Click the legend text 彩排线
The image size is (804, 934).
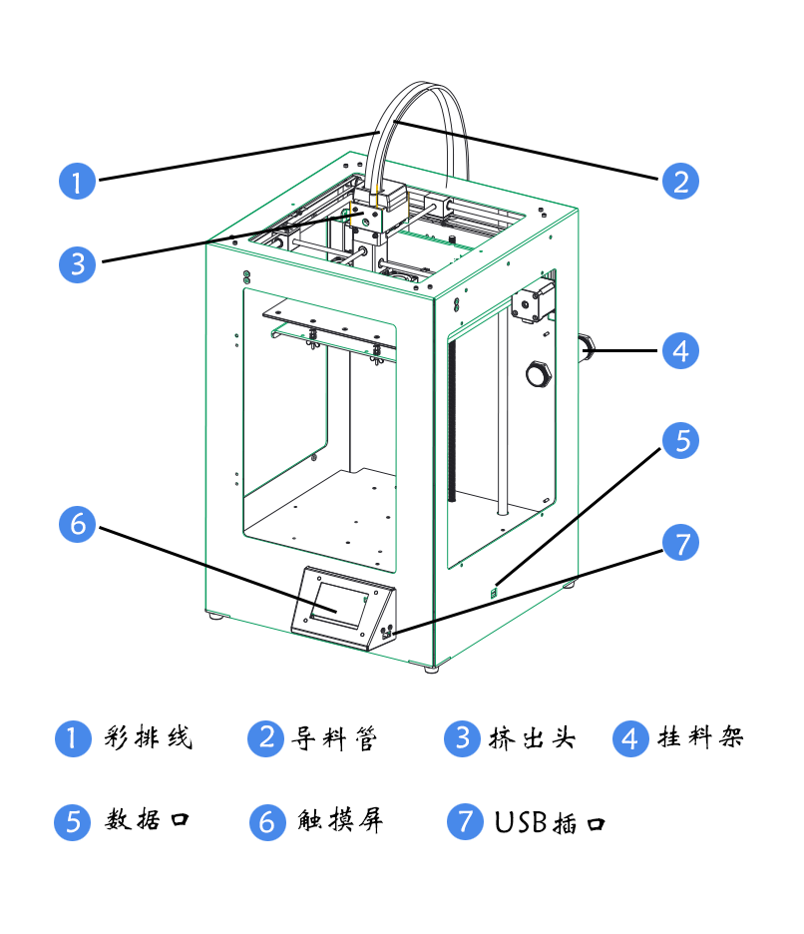point(149,738)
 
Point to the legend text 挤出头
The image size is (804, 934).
point(533,738)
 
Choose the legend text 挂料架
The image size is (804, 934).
point(701,738)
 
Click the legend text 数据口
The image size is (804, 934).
point(149,821)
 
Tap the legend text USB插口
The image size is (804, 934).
point(550,822)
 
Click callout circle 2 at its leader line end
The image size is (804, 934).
point(680,182)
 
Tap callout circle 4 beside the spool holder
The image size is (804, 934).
point(680,351)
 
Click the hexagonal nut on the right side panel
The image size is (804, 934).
point(539,373)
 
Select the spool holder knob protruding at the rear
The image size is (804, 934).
point(587,348)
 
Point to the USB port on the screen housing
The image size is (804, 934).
point(387,631)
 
